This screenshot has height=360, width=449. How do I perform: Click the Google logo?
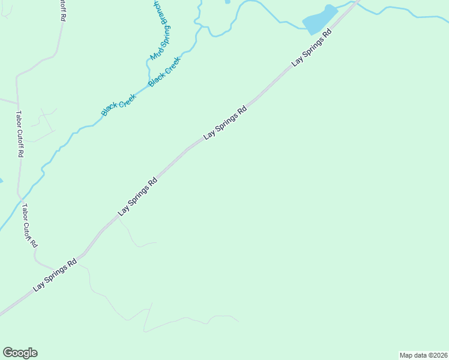click(x=20, y=353)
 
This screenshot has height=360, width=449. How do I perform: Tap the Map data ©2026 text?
click(x=423, y=355)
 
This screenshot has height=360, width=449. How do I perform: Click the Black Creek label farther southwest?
click(x=118, y=104)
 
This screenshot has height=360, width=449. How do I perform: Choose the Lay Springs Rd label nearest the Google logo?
click(x=55, y=275)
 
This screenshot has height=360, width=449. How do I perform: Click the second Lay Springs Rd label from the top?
click(x=225, y=123)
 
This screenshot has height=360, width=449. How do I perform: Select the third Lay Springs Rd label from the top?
click(x=137, y=196)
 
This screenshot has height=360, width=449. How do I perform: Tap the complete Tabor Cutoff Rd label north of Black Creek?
click(x=20, y=134)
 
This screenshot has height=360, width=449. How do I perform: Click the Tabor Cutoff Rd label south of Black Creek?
click(x=30, y=226)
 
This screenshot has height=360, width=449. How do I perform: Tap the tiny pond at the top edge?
click(x=228, y=2)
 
